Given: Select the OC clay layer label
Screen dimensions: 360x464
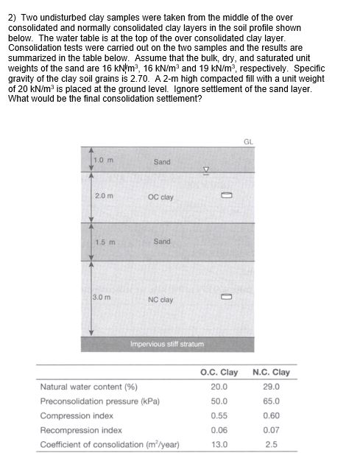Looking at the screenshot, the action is click(160, 197).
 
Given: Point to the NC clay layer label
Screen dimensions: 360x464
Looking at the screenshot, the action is click(160, 299).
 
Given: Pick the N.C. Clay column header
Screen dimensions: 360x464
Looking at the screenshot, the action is click(271, 372).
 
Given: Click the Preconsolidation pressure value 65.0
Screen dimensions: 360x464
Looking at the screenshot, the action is click(271, 401).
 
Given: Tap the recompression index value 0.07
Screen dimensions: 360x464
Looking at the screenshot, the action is click(271, 429).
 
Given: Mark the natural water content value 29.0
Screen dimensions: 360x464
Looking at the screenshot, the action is click(271, 387).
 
